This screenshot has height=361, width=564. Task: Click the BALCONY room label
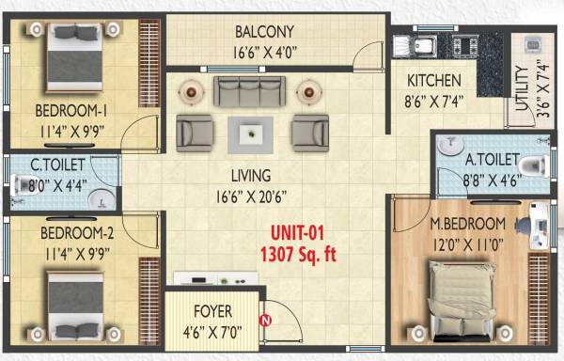pyautogui.click(x=266, y=31)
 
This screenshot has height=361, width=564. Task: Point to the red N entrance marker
pyautogui.click(x=266, y=320)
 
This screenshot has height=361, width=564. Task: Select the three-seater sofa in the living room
pyautogui.click(x=251, y=92)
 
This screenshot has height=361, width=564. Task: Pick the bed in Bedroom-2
pyautogui.click(x=73, y=306)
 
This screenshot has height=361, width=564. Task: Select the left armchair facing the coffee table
pyautogui.click(x=194, y=132)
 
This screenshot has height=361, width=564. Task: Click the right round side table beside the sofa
pyautogui.click(x=308, y=91)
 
